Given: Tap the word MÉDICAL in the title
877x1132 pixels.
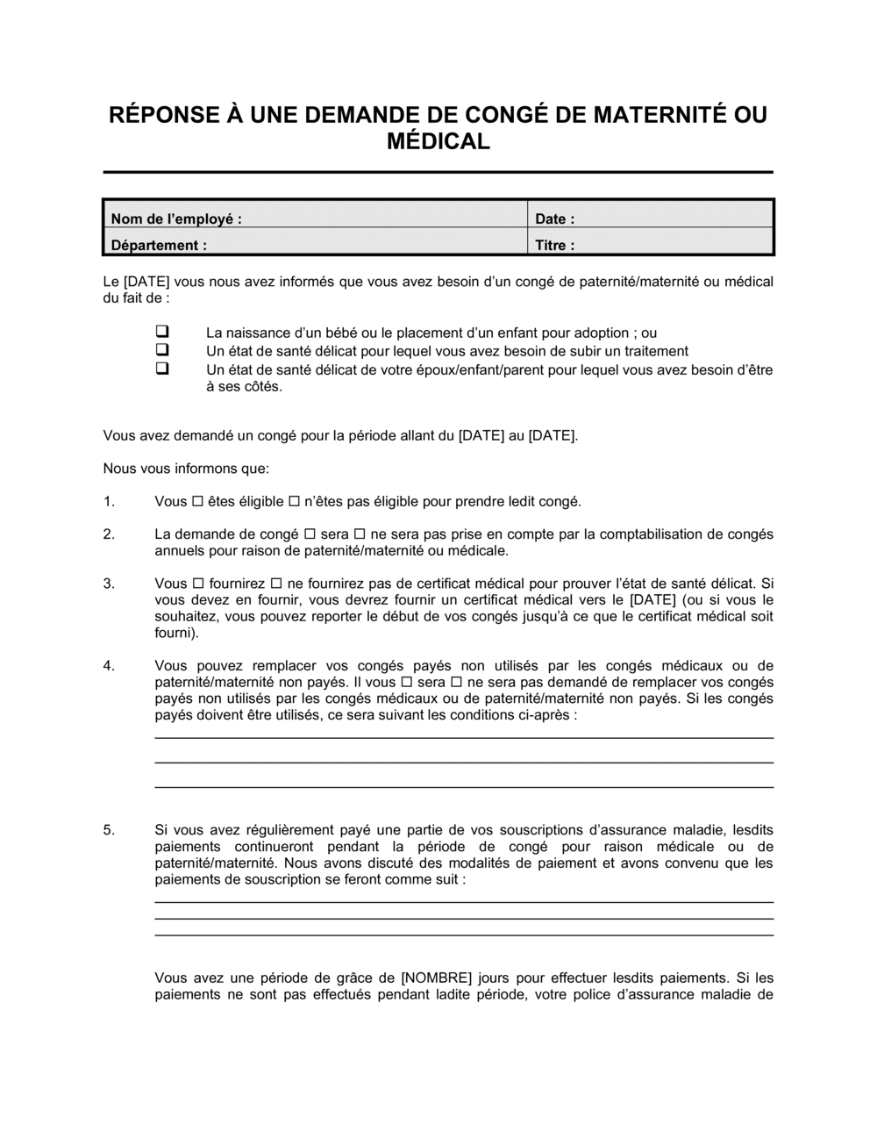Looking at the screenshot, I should click(x=438, y=141).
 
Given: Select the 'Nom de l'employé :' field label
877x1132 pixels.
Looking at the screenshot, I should click(x=176, y=219).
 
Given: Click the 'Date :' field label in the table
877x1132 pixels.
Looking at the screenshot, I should click(x=555, y=219).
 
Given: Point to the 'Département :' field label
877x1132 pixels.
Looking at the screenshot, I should click(x=159, y=245).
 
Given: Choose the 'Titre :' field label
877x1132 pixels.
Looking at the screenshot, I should click(x=555, y=245).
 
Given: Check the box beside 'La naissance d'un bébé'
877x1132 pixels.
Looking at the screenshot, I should click(x=162, y=333).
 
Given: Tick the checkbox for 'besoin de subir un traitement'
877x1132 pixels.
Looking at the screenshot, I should click(x=162, y=350).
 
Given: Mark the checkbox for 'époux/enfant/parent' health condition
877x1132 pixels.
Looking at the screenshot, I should click(x=162, y=369).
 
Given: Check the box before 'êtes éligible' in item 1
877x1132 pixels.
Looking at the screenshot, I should click(x=197, y=502).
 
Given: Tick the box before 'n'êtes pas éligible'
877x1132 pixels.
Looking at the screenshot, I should click(x=294, y=502).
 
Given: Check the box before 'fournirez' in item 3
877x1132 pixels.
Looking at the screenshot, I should click(x=197, y=584).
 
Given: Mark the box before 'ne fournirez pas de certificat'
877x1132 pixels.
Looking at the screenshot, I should click(x=276, y=584).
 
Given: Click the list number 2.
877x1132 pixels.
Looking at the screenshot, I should click(x=109, y=534).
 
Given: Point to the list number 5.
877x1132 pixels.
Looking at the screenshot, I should click(x=109, y=829).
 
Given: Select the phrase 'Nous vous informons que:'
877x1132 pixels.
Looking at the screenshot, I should click(x=186, y=468).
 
